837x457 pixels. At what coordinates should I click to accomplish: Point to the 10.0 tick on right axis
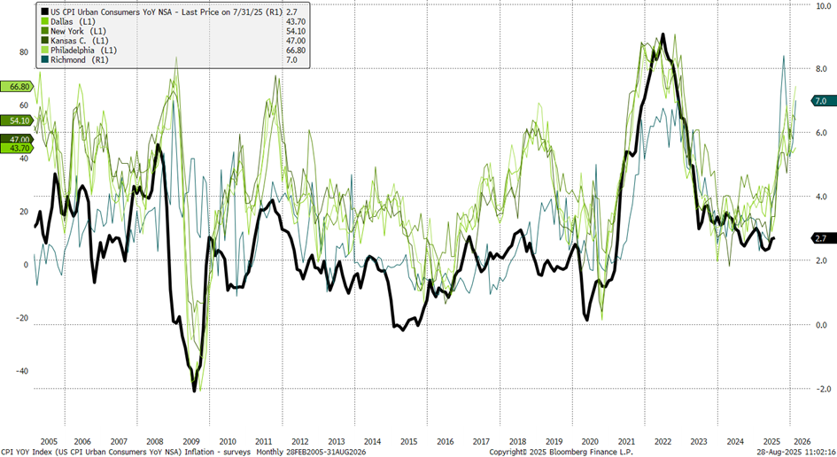823,5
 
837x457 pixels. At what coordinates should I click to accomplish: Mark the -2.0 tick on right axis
823,389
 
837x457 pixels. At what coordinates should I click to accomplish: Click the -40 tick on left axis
21,371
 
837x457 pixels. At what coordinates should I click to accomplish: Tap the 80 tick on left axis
24,52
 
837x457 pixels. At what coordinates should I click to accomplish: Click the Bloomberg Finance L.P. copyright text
550,451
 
